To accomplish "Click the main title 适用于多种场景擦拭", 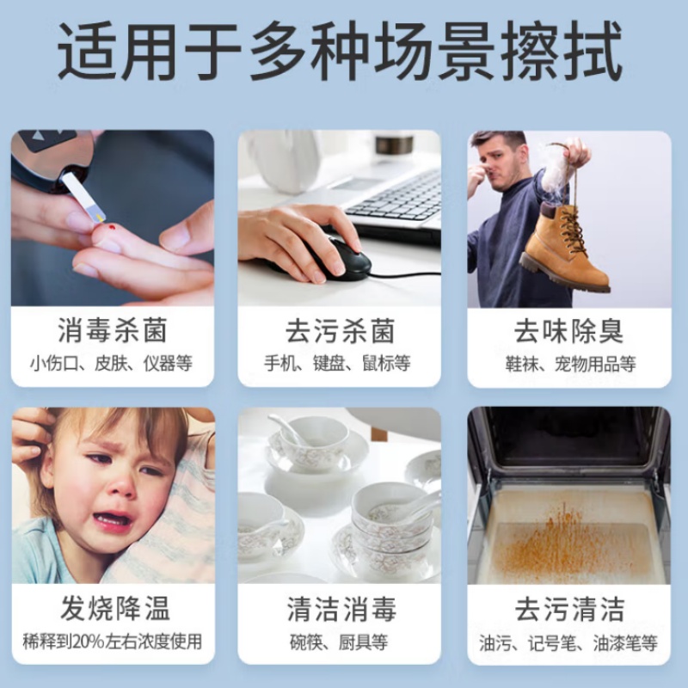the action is (340, 52).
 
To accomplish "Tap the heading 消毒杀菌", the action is (113, 331).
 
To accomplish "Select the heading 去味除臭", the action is (568, 331).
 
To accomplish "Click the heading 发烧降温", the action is (115, 608).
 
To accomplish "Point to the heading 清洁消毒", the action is (341, 609).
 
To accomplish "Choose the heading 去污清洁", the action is (569, 609).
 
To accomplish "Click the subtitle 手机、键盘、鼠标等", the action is (337, 363).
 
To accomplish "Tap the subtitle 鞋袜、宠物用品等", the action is (570, 364).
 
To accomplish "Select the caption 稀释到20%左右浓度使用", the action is (113, 642).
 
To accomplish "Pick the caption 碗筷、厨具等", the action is (339, 642).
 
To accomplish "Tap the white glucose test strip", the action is (84, 197).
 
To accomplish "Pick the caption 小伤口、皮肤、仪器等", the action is (112, 363).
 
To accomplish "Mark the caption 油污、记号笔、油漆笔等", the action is (568, 643).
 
